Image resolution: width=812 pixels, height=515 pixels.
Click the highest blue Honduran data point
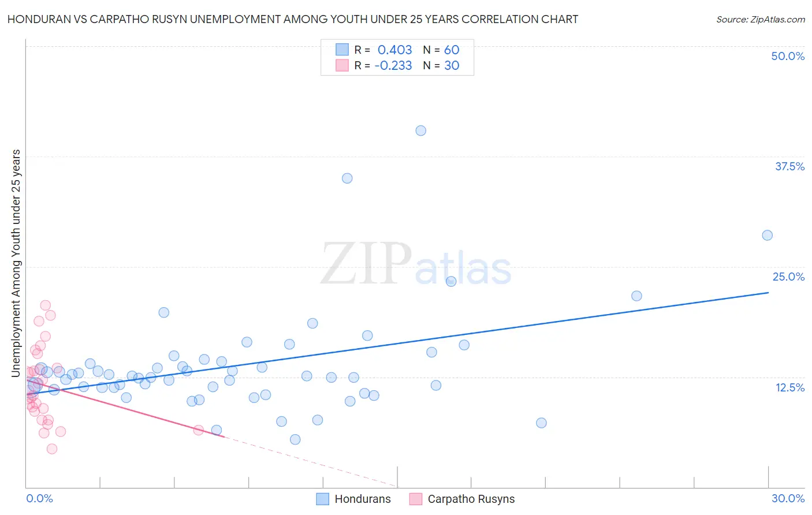coord(420,130)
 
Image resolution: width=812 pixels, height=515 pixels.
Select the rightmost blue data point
coord(767,235)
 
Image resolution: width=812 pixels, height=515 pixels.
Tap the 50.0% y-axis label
coord(788,56)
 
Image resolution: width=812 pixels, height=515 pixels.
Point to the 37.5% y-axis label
coord(789,166)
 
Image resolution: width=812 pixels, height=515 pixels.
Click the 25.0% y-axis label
coord(788,277)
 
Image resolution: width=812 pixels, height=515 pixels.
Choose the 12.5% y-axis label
coord(789,387)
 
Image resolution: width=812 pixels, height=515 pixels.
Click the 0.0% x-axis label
coord(39,498)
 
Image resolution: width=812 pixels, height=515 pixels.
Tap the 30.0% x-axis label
coord(788,498)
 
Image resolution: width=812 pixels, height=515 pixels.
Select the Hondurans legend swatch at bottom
coord(322,499)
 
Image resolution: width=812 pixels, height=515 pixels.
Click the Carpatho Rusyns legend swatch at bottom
coord(415,499)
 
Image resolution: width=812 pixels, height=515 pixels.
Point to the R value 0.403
coord(394,50)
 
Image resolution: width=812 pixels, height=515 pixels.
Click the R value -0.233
coord(393,65)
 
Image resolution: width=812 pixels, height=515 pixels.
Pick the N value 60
coord(452,50)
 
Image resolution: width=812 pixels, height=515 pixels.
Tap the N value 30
coord(452,65)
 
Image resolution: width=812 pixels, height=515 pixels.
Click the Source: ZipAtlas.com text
coord(760,19)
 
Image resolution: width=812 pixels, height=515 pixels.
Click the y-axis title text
coord(16,263)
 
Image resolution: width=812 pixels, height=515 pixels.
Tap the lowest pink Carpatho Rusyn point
coord(51,449)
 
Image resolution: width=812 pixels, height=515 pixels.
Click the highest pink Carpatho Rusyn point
coord(45,305)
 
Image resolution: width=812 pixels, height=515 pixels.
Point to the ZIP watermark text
coord(366,264)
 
